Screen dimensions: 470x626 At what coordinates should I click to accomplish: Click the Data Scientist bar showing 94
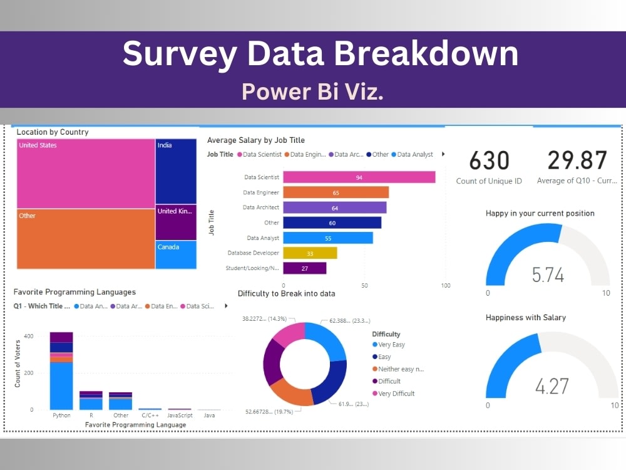(359, 177)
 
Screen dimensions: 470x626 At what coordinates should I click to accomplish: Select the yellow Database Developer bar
(310, 253)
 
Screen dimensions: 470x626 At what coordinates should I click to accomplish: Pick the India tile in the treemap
(175, 172)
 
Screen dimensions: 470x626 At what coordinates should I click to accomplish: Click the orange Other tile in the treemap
(86, 239)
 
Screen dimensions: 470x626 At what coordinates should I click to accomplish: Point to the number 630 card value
(489, 161)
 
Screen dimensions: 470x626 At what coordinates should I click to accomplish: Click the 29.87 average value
(577, 161)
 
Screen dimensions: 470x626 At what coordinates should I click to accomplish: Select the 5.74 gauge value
(548, 275)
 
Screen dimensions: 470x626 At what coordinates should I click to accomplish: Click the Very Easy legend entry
(392, 345)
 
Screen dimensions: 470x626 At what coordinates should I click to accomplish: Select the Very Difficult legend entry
(396, 394)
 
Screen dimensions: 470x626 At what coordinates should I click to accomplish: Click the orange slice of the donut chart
(290, 392)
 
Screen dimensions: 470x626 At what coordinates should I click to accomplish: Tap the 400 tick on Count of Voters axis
(28, 337)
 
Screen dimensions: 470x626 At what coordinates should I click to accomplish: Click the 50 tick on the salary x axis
(364, 286)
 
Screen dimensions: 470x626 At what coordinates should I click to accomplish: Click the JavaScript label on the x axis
(179, 415)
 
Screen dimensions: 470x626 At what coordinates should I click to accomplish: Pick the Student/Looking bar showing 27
(304, 268)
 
